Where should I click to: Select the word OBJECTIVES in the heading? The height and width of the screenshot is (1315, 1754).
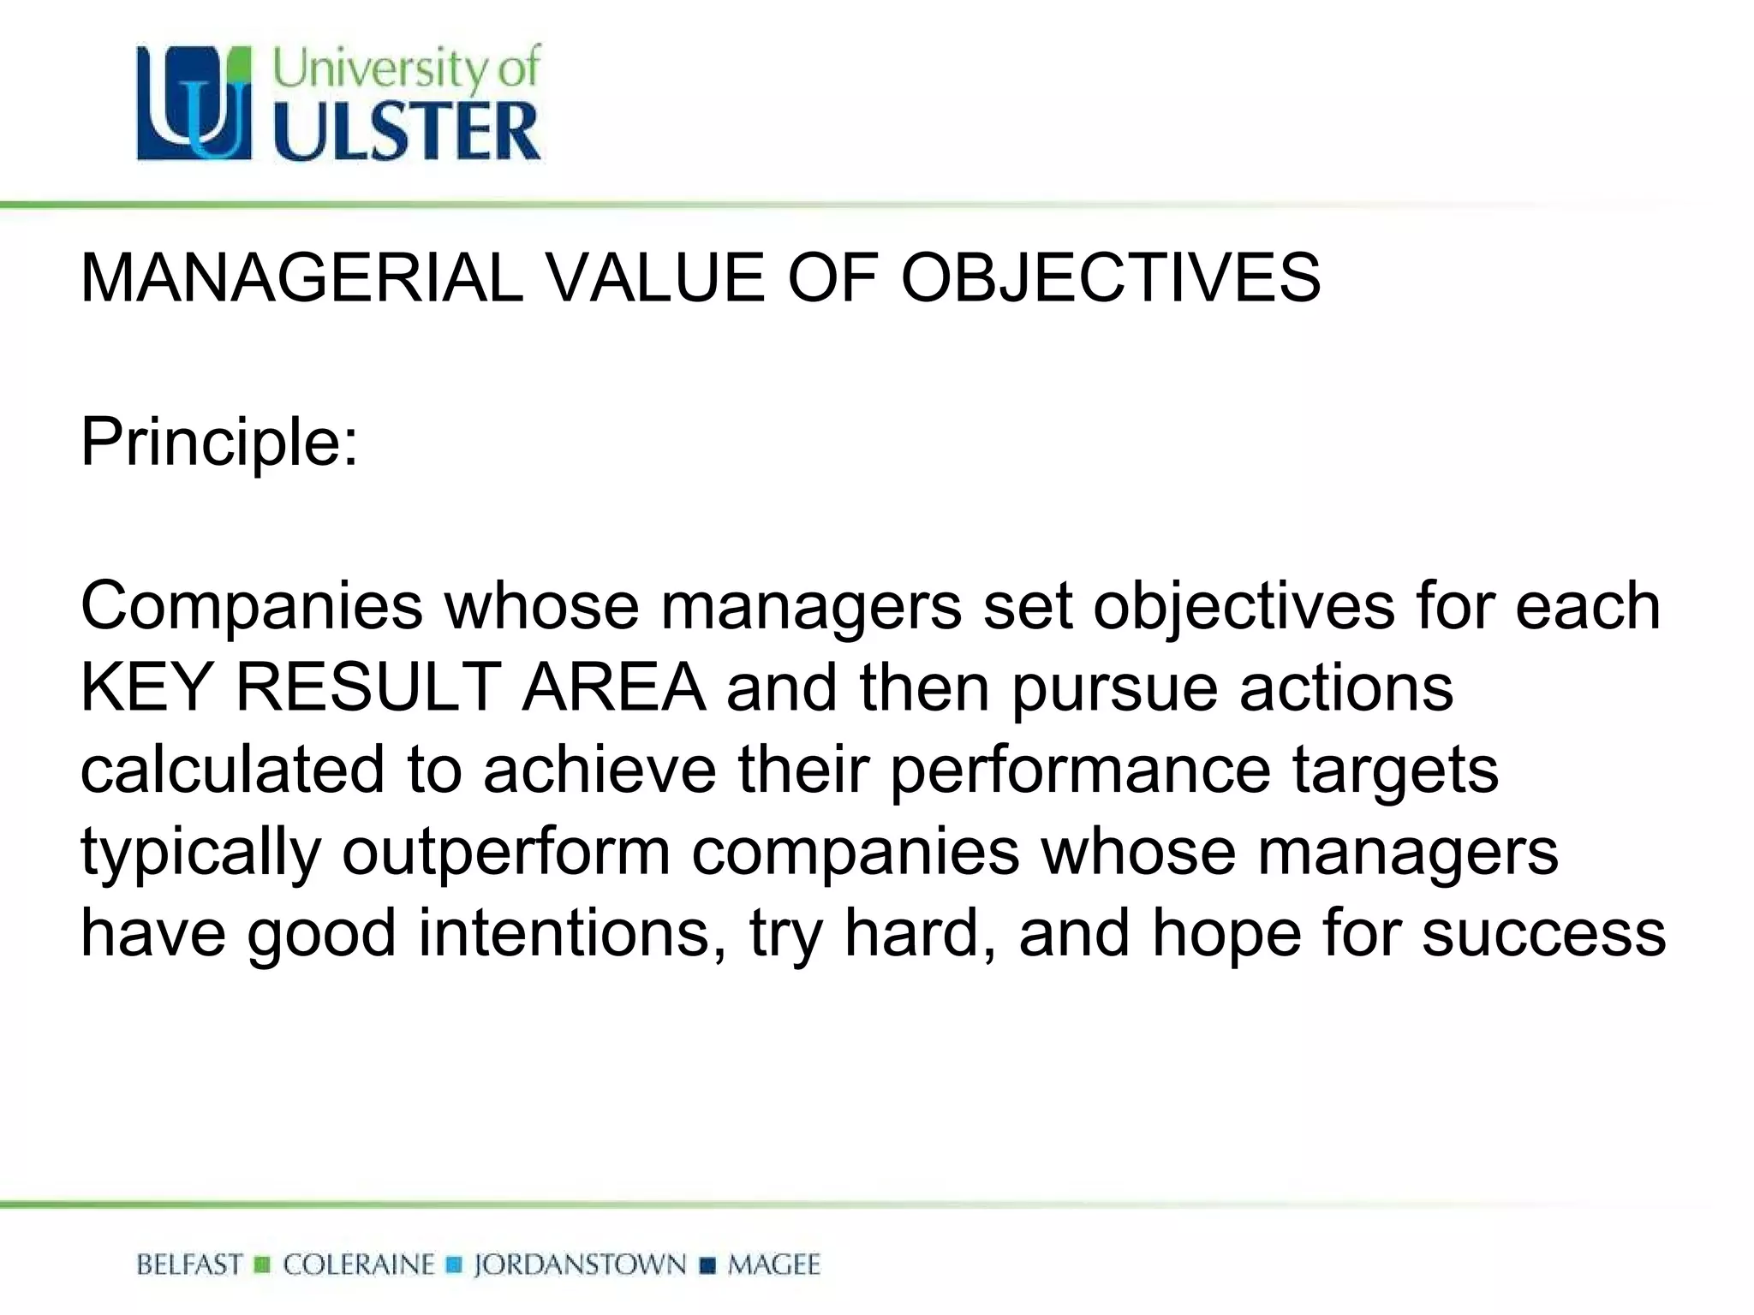point(1110,278)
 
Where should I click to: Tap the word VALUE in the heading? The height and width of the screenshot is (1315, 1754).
point(655,278)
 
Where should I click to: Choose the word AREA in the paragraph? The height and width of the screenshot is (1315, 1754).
point(613,687)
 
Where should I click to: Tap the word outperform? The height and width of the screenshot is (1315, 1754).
point(506,852)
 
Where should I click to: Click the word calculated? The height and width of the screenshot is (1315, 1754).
point(231,770)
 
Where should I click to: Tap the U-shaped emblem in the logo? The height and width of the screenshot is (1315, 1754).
point(194,103)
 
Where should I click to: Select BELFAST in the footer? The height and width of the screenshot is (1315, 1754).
point(189,1264)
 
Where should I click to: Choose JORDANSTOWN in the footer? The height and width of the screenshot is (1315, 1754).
point(580,1264)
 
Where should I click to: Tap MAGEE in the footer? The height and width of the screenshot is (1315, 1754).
point(773,1264)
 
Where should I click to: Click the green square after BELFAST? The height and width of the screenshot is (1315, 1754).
point(263,1265)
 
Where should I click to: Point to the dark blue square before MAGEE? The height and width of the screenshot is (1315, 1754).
point(707,1265)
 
